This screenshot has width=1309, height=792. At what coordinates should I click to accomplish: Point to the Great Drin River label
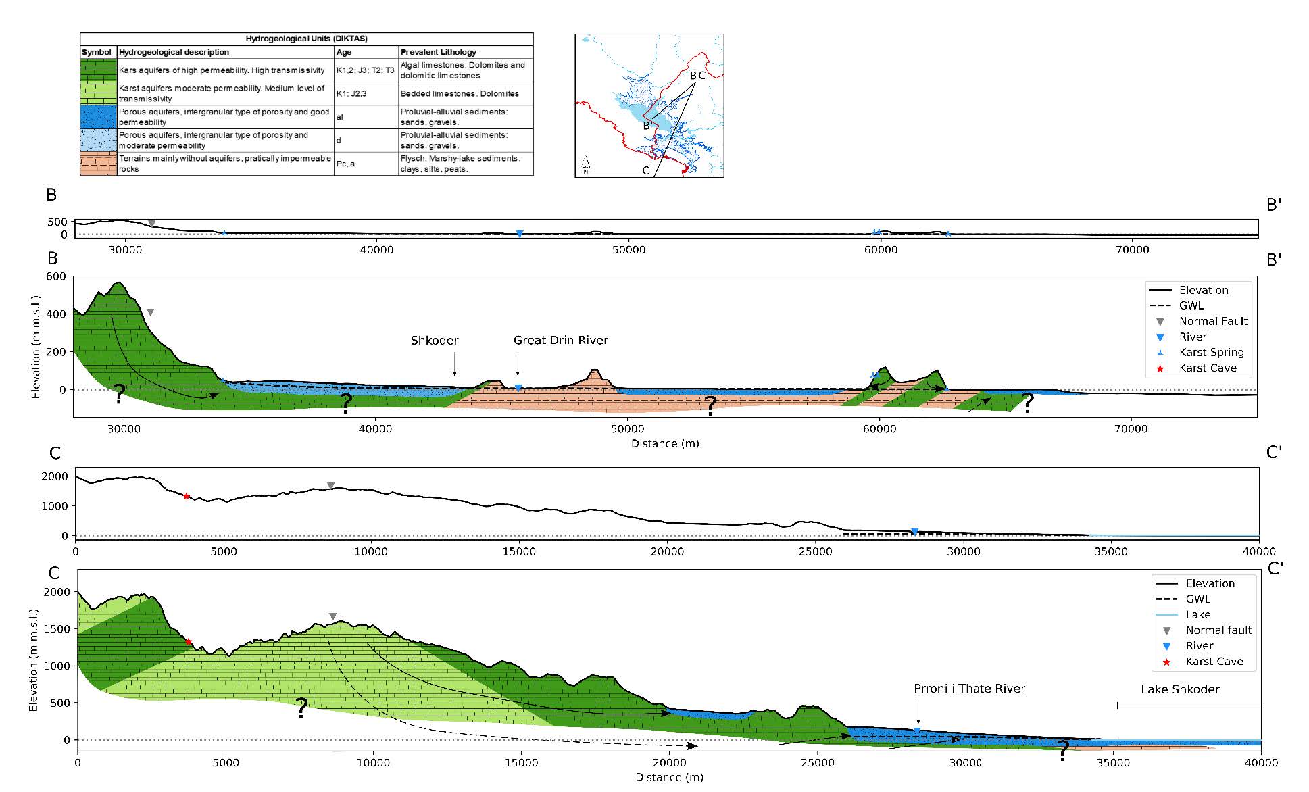[x=560, y=340]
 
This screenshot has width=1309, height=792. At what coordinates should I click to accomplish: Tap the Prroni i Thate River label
[x=969, y=689]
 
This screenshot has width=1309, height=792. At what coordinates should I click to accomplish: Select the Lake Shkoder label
[x=1180, y=689]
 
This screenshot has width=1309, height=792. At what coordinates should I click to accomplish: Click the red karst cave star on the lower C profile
[x=188, y=642]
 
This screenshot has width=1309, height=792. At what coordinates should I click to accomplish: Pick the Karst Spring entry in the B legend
[x=1211, y=352]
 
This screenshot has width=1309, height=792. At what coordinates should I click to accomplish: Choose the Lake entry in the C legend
[x=1197, y=614]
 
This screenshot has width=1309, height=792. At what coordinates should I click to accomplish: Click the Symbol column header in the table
[x=97, y=52]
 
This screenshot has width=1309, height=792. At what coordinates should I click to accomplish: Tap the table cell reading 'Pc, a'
[x=346, y=164]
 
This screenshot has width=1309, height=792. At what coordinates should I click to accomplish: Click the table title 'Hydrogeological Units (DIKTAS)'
[x=306, y=39]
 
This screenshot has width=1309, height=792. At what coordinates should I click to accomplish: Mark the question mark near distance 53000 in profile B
[x=710, y=405]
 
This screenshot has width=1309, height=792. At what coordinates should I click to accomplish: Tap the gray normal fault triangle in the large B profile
[x=150, y=312]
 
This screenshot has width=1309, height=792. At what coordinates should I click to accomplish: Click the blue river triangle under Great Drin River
[x=518, y=388]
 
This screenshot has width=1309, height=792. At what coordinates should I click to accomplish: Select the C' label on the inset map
[x=647, y=170]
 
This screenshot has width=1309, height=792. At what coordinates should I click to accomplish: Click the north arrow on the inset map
[x=585, y=163]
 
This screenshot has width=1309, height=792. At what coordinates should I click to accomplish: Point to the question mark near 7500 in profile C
[x=301, y=708]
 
